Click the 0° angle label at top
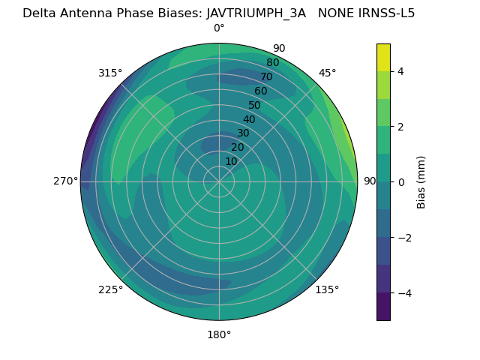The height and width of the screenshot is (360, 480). (x=219, y=28)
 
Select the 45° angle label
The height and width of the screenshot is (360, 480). (x=328, y=73)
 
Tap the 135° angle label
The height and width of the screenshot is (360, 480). (x=327, y=289)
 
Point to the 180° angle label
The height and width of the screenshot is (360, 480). (x=219, y=334)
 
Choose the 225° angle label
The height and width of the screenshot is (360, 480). (x=110, y=289)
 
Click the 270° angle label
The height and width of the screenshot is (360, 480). (x=66, y=181)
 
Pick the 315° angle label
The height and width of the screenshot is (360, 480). (x=110, y=73)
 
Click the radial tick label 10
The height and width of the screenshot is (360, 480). (x=231, y=161)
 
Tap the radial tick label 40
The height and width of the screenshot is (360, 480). (x=249, y=120)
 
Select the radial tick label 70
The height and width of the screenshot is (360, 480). (x=266, y=77)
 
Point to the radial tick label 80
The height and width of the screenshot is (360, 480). (x=272, y=63)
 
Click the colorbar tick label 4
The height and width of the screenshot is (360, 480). (x=400, y=71)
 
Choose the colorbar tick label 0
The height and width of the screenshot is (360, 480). (x=400, y=181)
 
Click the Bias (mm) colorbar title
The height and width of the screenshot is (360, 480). (x=421, y=181)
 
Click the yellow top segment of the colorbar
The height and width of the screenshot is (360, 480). (x=383, y=58)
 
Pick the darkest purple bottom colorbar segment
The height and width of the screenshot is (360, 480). (x=383, y=307)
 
